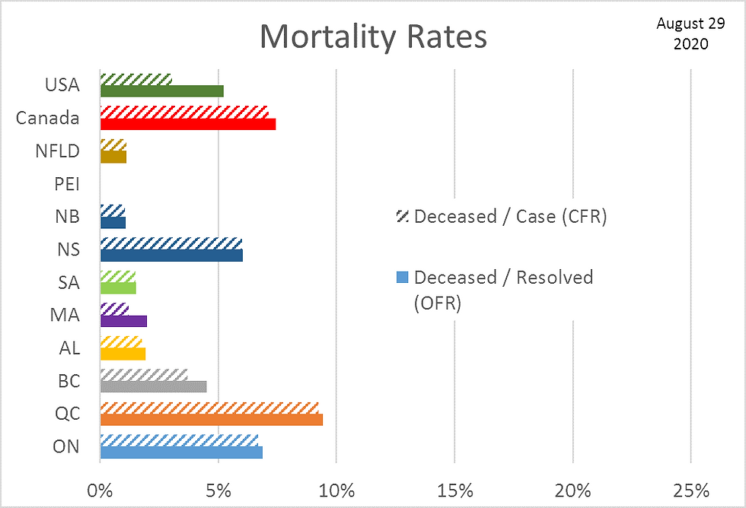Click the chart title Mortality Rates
(373, 37)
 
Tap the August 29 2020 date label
(681, 33)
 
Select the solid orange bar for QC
(211, 420)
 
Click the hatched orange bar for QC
(209, 408)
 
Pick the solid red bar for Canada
(187, 124)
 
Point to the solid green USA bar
(161, 91)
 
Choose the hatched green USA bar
(135, 79)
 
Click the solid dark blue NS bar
(171, 256)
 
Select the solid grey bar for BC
(153, 386)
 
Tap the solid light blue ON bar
(181, 452)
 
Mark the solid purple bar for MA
(123, 321)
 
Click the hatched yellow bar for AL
(121, 341)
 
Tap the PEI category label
(67, 184)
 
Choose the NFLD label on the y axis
(58, 151)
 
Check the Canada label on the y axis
(48, 118)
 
